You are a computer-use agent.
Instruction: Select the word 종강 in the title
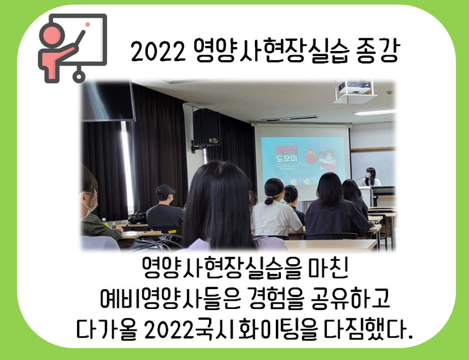377,52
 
